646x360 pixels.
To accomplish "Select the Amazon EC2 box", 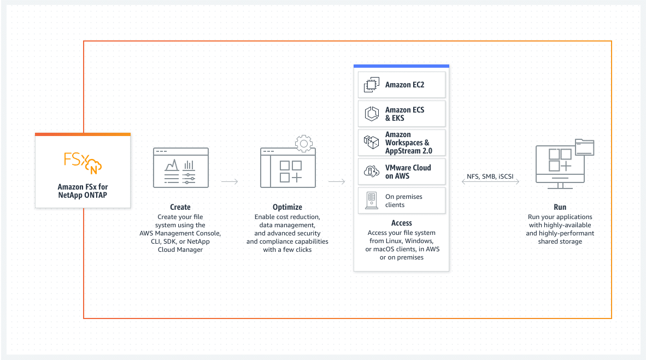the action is [x=402, y=85].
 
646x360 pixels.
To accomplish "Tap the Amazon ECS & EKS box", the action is [x=402, y=114].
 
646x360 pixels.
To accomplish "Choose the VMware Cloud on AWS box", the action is [x=402, y=172].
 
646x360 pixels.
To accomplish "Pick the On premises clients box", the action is [x=402, y=200].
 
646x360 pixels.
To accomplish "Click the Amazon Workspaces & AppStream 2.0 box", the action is [x=402, y=143].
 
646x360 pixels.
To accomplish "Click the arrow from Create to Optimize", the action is [x=230, y=181].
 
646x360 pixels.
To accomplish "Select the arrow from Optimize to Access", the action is [x=337, y=181].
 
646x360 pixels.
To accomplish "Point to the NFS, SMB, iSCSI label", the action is [x=490, y=176].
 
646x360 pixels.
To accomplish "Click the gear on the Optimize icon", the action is [x=304, y=143].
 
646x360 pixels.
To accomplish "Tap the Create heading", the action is [x=180, y=207].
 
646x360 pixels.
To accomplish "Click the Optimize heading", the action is [x=287, y=207].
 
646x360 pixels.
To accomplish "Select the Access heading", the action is [x=402, y=223].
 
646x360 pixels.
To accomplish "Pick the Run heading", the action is [x=560, y=207].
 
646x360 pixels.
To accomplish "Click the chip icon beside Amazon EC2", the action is [x=371, y=85].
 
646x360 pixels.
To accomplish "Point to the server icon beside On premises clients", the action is [x=372, y=200].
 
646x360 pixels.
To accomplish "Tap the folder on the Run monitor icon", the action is [x=585, y=147].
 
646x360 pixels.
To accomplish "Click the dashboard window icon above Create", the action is [x=181, y=168].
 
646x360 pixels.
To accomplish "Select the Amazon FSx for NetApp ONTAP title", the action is [x=83, y=191].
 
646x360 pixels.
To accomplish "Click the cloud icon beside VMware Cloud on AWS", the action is [x=371, y=171].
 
